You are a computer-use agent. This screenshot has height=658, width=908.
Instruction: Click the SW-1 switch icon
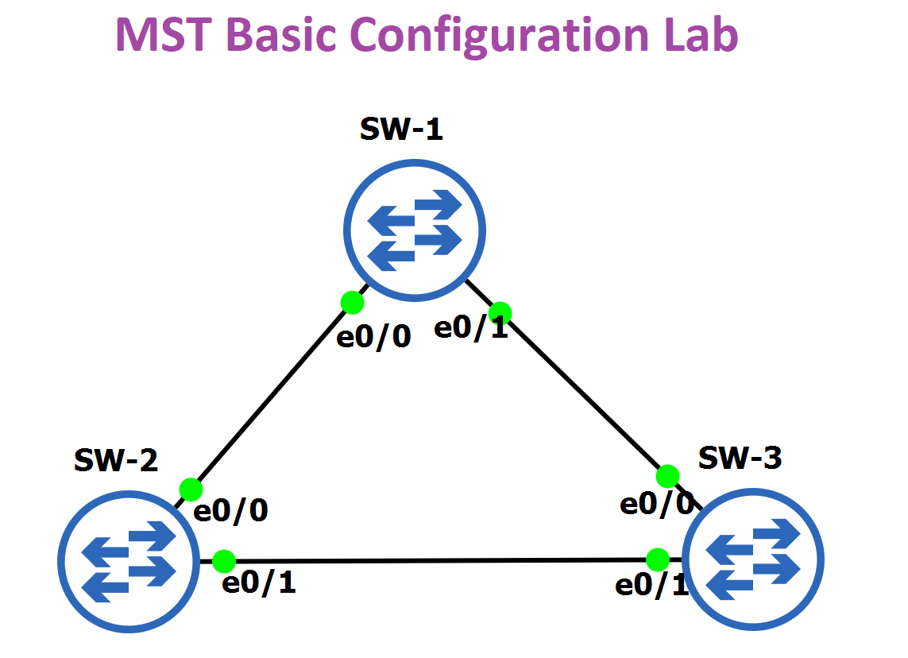[415, 230]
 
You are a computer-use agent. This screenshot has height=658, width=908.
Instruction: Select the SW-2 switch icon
[129, 561]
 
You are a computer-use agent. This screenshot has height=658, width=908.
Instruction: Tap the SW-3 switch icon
[753, 559]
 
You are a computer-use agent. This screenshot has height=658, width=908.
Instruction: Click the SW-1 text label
[401, 130]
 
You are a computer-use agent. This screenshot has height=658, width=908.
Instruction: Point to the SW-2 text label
[116, 460]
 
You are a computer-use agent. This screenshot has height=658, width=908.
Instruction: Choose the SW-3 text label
[740, 459]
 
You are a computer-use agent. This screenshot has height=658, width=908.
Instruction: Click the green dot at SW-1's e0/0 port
[352, 302]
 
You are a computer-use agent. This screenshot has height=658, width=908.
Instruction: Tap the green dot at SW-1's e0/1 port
[500, 313]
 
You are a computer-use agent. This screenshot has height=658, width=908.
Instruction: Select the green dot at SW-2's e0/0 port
[191, 490]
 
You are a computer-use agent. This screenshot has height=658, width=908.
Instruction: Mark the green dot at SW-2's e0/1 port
[224, 561]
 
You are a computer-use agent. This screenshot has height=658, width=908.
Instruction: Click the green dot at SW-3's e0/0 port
[667, 476]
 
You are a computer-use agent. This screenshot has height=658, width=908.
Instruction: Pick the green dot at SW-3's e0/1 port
[657, 559]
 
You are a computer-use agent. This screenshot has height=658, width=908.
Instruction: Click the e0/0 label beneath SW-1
[374, 337]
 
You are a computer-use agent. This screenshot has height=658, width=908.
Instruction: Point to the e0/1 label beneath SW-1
[471, 328]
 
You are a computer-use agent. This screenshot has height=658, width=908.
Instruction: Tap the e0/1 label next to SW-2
[259, 583]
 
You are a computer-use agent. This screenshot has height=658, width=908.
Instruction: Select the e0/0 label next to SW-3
[657, 503]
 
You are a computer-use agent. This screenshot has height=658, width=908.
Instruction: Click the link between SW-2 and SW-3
[441, 561]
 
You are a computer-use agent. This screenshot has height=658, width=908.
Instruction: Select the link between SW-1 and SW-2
[271, 397]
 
